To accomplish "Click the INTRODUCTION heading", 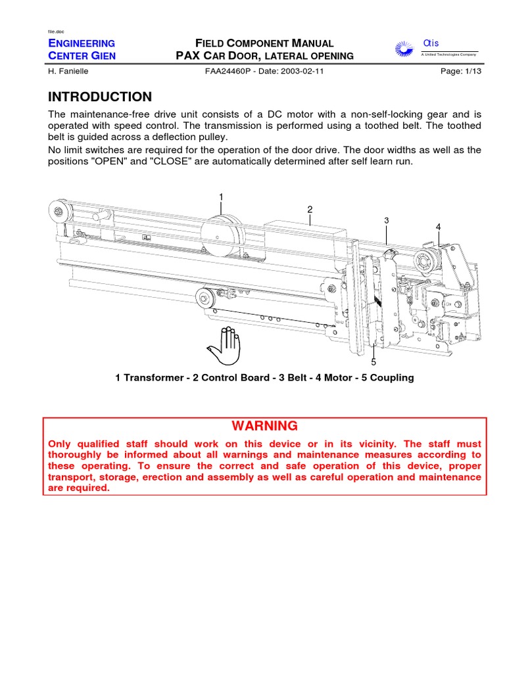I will [x=100, y=97].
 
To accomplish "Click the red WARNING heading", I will [x=264, y=426].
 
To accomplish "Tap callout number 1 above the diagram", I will [x=222, y=197].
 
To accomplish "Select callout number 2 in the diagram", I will [x=309, y=209].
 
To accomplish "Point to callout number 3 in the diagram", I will [x=387, y=220].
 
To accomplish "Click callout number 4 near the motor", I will [x=438, y=227].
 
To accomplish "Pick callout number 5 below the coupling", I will [x=373, y=362].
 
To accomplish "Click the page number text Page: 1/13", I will [x=461, y=72].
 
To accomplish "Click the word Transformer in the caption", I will [x=154, y=378].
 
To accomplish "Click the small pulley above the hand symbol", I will [x=206, y=300].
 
